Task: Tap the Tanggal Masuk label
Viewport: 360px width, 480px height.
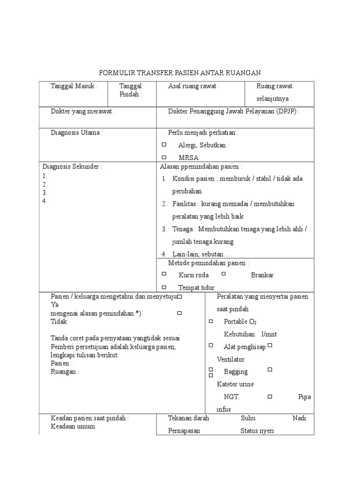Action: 74,86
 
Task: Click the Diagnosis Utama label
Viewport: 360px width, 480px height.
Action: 76,133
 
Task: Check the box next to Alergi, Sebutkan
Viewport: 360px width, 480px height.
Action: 164,145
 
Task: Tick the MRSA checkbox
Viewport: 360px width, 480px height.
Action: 164,158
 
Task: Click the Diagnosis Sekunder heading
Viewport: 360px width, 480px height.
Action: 72,166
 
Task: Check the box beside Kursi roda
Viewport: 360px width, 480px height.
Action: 164,274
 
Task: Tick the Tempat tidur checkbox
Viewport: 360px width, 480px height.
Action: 164,287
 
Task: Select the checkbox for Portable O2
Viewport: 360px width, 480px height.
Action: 210,321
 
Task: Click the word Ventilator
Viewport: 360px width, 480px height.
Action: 231,360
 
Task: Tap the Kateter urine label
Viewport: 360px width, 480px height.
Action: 235,384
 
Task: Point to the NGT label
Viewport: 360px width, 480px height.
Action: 231,397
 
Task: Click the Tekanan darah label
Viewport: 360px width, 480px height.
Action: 188,419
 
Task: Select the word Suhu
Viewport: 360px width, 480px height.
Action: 248,419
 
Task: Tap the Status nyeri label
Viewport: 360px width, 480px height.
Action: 257,431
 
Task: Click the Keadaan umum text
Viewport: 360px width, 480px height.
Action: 73,427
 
